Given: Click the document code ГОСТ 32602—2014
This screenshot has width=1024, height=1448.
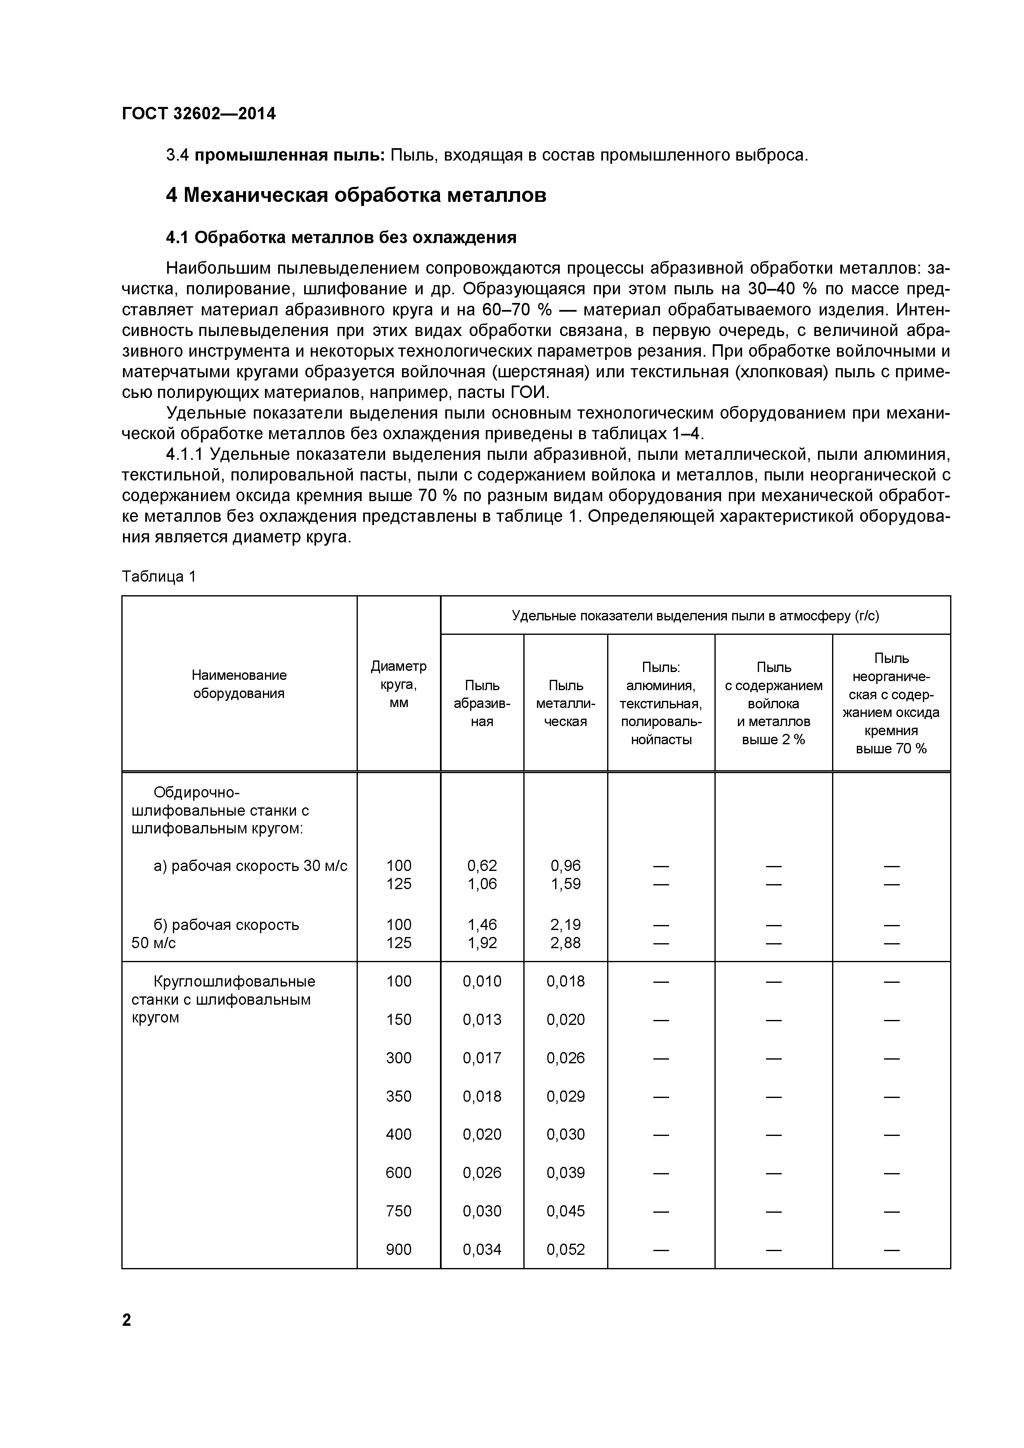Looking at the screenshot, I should pyautogui.click(x=199, y=114).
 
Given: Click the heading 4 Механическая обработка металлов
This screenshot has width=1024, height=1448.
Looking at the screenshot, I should pyautogui.click(x=356, y=196).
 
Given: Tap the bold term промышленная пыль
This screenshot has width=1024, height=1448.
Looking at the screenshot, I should pyautogui.click(x=289, y=155).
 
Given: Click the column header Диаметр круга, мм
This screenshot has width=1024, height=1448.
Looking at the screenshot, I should pyautogui.click(x=399, y=684).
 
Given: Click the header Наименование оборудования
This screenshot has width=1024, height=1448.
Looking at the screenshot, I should pyautogui.click(x=239, y=684).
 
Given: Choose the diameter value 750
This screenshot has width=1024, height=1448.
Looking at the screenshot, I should pyautogui.click(x=399, y=1211).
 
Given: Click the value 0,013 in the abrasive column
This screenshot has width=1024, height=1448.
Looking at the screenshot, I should pyautogui.click(x=482, y=1020).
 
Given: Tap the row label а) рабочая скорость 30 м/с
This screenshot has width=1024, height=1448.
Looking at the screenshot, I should pyautogui.click(x=251, y=866).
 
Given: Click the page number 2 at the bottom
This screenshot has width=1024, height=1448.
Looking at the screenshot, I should pyautogui.click(x=127, y=1320).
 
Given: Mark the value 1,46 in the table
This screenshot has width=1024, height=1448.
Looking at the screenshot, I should pyautogui.click(x=482, y=925).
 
